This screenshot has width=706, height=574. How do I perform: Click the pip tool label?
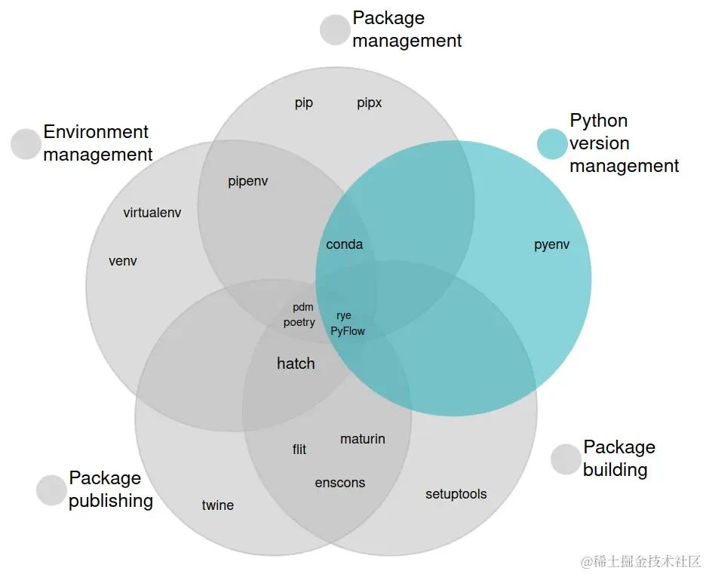click(x=303, y=103)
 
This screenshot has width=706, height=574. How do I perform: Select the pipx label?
click(x=370, y=103)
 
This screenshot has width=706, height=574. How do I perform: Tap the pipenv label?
click(x=247, y=182)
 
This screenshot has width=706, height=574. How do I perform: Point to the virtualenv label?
click(x=152, y=213)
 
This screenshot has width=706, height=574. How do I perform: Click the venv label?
click(x=123, y=262)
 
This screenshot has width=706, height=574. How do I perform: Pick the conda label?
click(x=344, y=244)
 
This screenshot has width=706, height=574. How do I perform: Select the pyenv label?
click(x=551, y=244)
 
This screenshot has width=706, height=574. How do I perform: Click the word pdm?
click(x=302, y=308)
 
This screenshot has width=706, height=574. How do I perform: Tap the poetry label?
click(x=299, y=323)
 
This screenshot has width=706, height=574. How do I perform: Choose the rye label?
click(x=344, y=316)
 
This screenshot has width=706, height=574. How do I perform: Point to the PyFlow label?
click(x=348, y=331)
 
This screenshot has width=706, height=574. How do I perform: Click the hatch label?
click(x=296, y=364)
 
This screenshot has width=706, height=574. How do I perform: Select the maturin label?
click(x=362, y=439)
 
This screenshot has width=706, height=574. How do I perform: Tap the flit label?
click(x=299, y=450)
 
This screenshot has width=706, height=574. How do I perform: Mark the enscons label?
click(x=339, y=483)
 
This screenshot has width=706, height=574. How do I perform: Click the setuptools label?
click(x=456, y=494)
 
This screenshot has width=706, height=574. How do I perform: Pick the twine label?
click(x=217, y=505)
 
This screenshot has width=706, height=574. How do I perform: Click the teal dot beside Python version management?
click(x=551, y=144)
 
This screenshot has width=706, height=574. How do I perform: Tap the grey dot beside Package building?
click(x=566, y=459)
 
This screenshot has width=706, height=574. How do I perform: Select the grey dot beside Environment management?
click(x=26, y=144)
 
